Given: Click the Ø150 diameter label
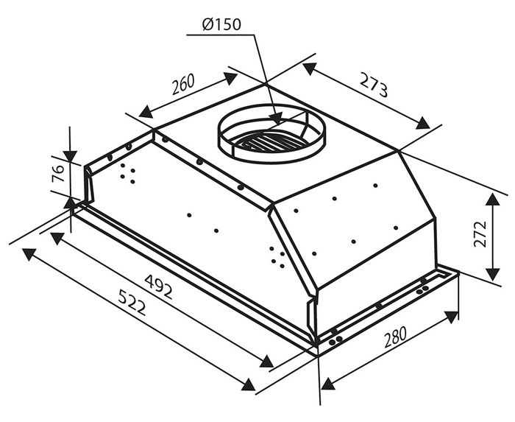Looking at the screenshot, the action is (221, 24).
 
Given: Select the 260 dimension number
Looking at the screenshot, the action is (183, 84).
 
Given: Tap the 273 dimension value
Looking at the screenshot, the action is (374, 85).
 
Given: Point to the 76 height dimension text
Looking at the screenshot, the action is (58, 174).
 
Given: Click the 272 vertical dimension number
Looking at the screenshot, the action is (480, 234).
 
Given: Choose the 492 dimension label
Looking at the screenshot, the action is (159, 286).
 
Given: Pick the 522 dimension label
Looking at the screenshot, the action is (132, 302).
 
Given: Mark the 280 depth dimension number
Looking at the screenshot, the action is (395, 337).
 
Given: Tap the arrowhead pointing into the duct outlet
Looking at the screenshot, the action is (277, 119).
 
